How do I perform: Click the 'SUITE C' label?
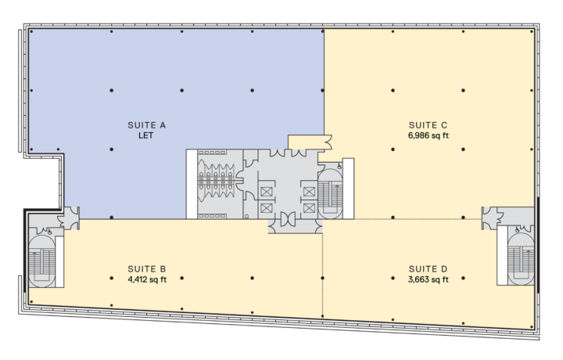point(428,124)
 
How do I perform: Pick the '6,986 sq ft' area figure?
point(428,135)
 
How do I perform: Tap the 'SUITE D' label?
point(428,266)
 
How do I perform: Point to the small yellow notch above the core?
point(310,141)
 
